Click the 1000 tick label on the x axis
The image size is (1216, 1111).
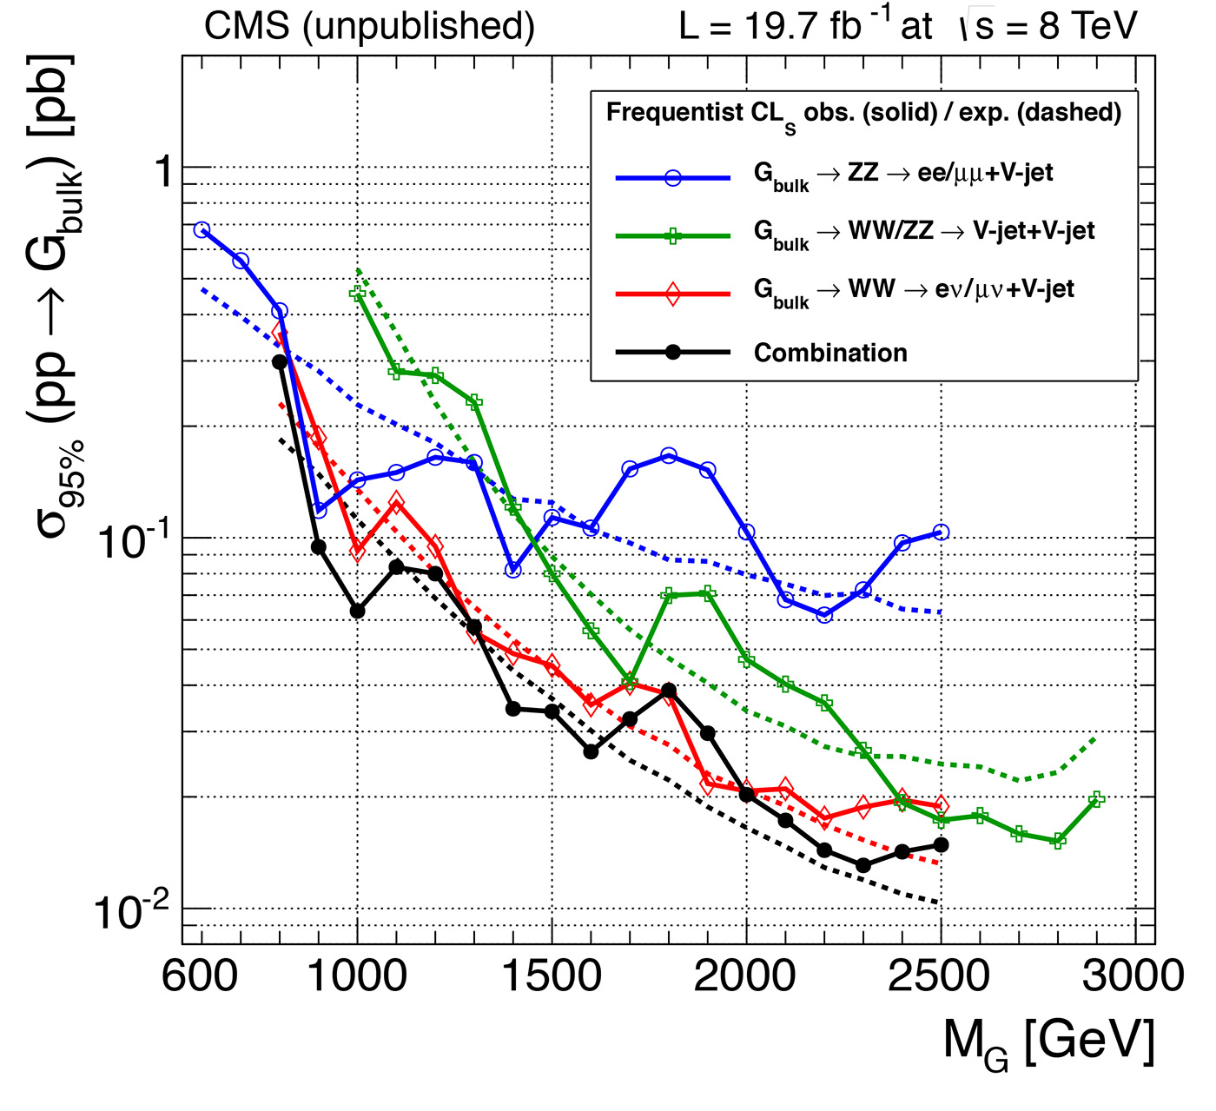click(x=357, y=976)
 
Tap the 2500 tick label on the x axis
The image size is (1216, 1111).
click(x=939, y=976)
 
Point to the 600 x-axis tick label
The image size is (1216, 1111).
click(x=201, y=976)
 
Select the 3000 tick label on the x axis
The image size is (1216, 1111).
click(x=1133, y=976)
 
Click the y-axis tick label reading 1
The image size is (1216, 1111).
click(x=162, y=171)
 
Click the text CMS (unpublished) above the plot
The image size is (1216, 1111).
click(x=369, y=26)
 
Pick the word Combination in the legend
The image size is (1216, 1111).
click(x=830, y=353)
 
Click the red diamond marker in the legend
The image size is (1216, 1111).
click(x=672, y=294)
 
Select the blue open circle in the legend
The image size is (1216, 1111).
click(x=672, y=177)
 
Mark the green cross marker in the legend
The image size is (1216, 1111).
click(x=672, y=235)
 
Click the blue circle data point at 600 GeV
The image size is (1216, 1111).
click(x=202, y=229)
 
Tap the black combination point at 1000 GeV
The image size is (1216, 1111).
click(x=357, y=611)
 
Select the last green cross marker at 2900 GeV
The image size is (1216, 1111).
click(x=1096, y=799)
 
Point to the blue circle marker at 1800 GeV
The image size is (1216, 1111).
click(x=668, y=456)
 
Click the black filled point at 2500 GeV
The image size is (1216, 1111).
click(x=941, y=844)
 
